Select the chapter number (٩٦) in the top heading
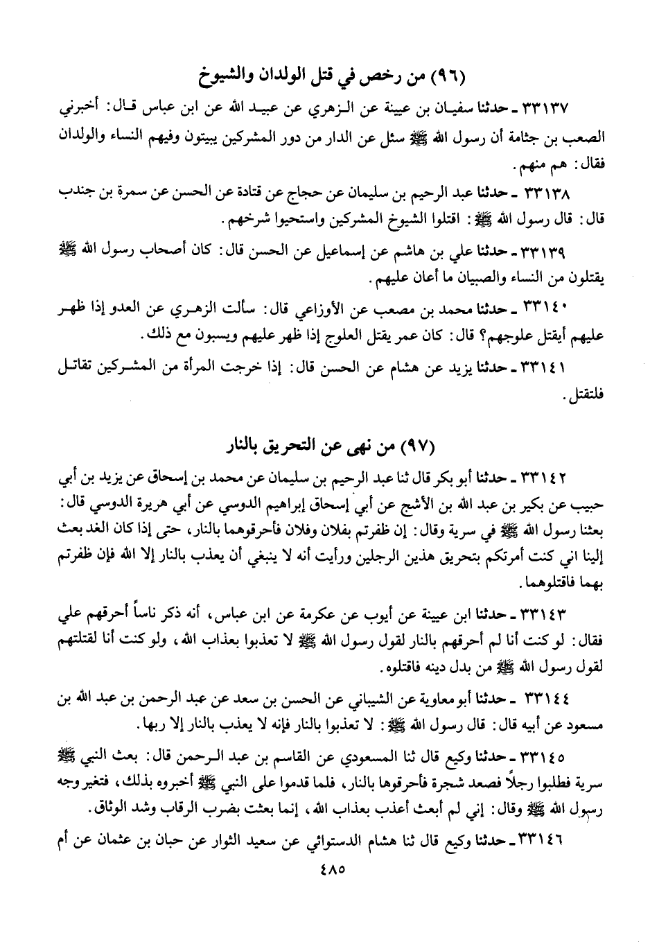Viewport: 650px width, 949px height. pos(446,73)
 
